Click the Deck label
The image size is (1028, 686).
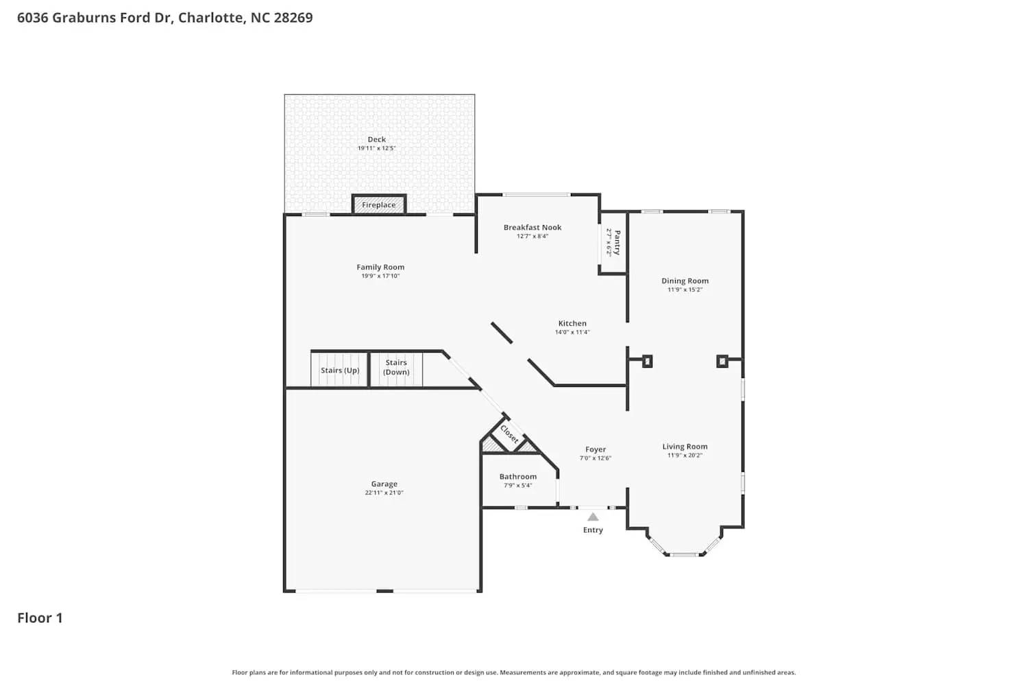coord(376,139)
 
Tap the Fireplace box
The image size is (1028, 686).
coord(379,204)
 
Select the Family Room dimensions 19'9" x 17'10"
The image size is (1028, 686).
coord(380,276)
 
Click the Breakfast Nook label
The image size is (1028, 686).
coord(533,227)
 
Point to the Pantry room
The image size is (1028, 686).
coord(613,242)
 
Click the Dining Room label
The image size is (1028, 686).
coord(685,281)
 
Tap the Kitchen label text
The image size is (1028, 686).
coord(572,323)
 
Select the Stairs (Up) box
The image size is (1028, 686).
coord(340,370)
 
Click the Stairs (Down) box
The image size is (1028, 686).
coord(396,368)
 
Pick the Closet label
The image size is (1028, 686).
coord(509,434)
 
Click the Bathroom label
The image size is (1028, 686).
coord(518,476)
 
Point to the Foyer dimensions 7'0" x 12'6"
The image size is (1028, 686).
coord(596,458)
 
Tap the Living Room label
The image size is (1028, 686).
coord(685,446)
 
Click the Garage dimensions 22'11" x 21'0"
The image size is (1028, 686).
coord(384,493)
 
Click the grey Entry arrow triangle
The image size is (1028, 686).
coord(593,517)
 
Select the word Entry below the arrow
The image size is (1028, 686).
coord(593,530)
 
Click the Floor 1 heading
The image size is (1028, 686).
coord(40,617)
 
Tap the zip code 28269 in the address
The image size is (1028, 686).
coord(293,18)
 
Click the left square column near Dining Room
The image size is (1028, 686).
coord(647,361)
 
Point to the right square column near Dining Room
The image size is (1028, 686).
coord(722,361)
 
